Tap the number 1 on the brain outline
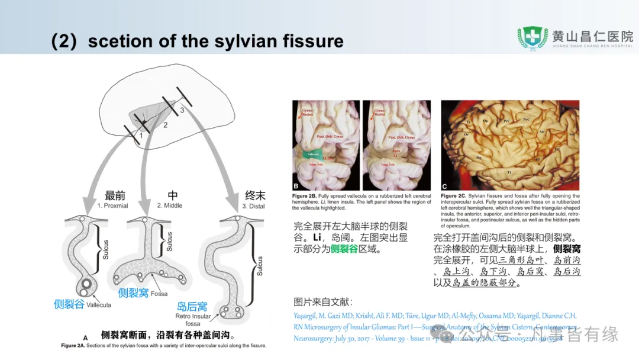141,136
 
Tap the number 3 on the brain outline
182,111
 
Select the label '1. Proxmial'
112,205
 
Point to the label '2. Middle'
170,205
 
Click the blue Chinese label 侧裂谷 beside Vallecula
69,304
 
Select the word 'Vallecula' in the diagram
98,305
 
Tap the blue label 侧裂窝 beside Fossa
133,292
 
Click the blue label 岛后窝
192,307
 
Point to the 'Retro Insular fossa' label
193,320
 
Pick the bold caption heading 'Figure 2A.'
75,345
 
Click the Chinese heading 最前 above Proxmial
115,195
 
